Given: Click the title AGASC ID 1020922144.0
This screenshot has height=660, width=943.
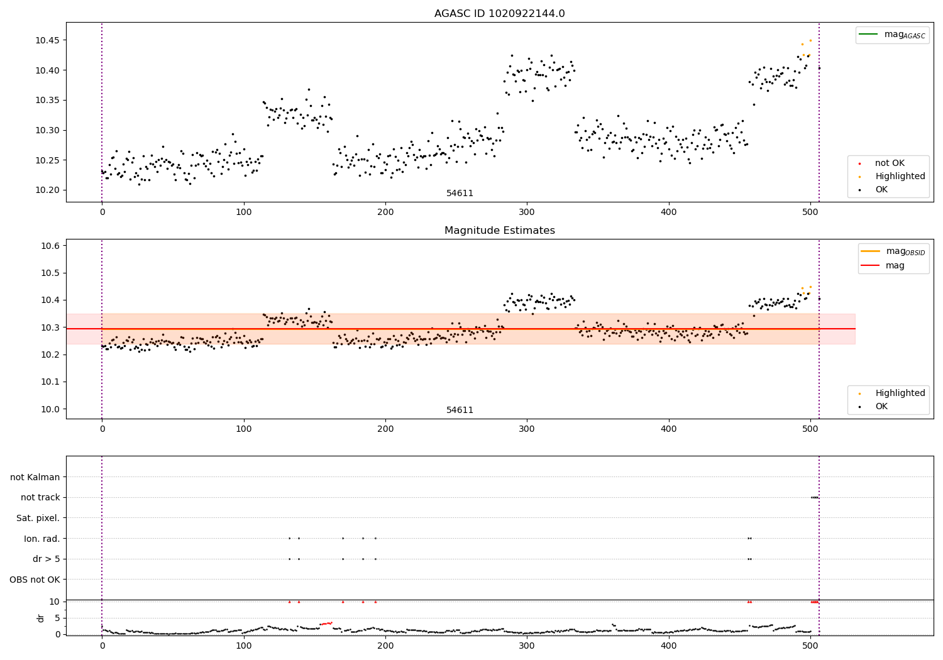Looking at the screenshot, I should click(499, 14).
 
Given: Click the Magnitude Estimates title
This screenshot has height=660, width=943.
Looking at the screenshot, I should click(499, 231).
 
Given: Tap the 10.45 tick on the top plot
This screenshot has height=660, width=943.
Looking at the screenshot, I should click(47, 41).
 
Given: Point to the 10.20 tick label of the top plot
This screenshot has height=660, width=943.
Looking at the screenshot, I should click(47, 190).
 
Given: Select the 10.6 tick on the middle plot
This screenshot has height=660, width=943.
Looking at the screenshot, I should click(50, 246).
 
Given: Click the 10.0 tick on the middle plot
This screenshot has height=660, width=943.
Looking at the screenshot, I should click(50, 409).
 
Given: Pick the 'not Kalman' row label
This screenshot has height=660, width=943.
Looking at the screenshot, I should click(35, 477).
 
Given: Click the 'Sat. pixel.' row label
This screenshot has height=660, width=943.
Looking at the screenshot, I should click(38, 518).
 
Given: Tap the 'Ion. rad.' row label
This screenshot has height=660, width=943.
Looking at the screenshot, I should click(42, 539).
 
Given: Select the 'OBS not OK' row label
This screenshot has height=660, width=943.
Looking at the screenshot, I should click(35, 580).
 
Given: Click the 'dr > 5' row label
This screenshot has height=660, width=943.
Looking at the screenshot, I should click(47, 559).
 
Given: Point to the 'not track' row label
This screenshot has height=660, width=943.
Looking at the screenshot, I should click(40, 498).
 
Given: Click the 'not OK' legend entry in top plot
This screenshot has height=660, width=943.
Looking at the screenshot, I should click(890, 163).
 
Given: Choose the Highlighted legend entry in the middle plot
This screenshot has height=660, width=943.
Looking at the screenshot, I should click(900, 393).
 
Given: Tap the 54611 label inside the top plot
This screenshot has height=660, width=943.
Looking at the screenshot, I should click(460, 194).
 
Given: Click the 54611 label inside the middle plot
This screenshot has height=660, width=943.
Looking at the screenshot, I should click(460, 410).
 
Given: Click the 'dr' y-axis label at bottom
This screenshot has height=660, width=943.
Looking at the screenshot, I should click(41, 618).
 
